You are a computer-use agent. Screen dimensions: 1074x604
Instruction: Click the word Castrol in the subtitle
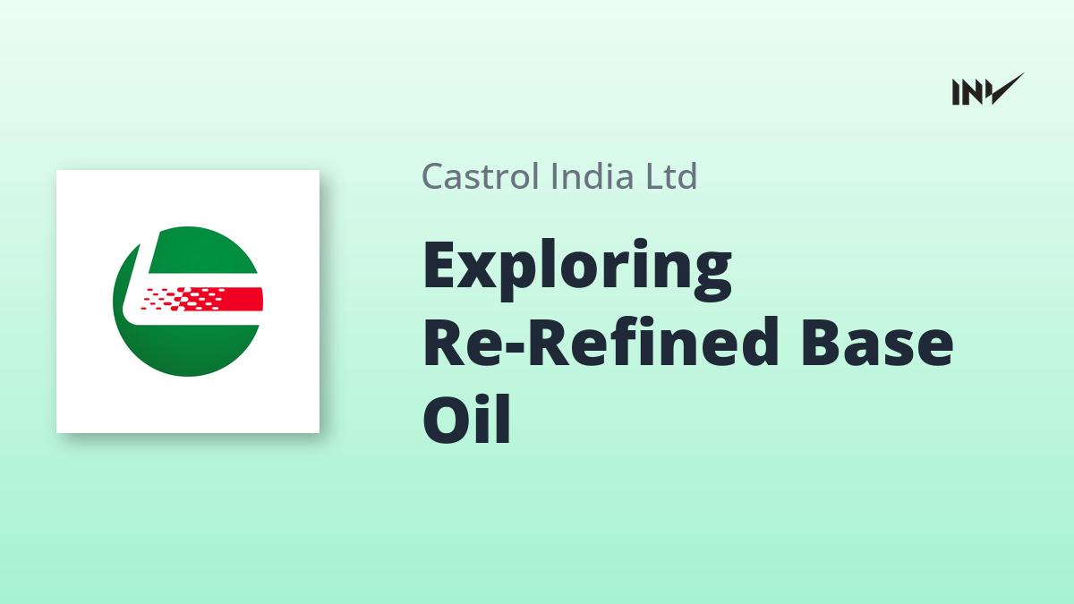[481, 176]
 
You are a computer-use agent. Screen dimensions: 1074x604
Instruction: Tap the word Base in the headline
[877, 342]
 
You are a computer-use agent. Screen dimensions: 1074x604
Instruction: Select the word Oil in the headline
[466, 420]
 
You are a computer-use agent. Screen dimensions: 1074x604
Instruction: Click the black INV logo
[988, 89]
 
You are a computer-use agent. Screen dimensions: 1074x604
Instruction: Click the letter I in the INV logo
[956, 92]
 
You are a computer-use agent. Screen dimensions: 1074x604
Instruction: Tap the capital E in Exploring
[439, 265]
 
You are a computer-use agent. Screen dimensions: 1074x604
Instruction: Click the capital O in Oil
[446, 420]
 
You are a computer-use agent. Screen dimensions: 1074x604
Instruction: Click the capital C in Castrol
[433, 176]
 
